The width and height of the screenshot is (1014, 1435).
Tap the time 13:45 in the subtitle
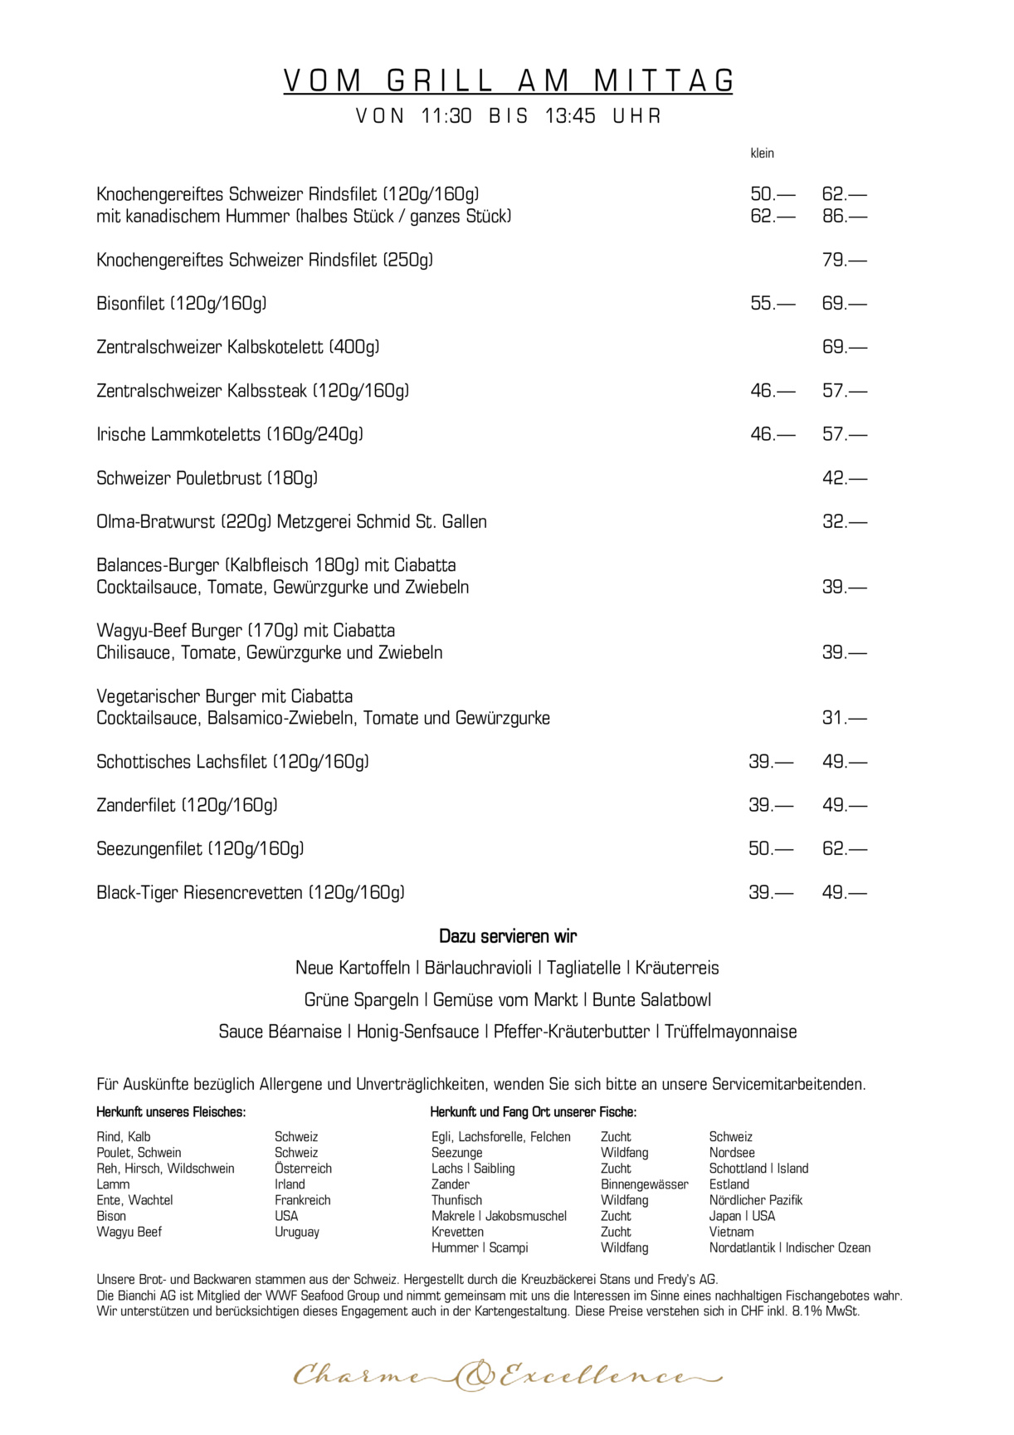(x=570, y=116)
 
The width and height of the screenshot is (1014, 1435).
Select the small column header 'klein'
(x=762, y=154)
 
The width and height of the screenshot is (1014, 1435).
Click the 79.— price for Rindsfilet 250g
(x=844, y=260)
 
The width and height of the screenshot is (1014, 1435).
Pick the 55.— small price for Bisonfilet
(x=772, y=304)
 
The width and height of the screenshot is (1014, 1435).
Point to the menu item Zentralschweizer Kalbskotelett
(x=237, y=347)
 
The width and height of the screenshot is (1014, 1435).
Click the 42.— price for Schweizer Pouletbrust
(x=844, y=478)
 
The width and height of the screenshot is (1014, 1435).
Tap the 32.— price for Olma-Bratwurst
(x=844, y=522)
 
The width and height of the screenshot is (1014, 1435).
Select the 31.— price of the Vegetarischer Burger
(x=844, y=718)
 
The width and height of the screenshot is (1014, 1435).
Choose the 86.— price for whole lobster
(x=844, y=217)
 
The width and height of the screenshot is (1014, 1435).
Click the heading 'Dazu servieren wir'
(x=507, y=936)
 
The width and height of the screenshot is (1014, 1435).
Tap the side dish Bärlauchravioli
(x=480, y=968)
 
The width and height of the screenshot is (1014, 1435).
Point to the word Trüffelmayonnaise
(x=730, y=1032)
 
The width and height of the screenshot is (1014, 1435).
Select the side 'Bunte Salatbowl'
(x=651, y=1000)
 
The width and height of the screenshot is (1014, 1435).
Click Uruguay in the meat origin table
(x=296, y=1232)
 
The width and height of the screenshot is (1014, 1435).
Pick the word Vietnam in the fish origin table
(x=731, y=1232)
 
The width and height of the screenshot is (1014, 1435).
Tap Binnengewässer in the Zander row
(x=644, y=1184)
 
